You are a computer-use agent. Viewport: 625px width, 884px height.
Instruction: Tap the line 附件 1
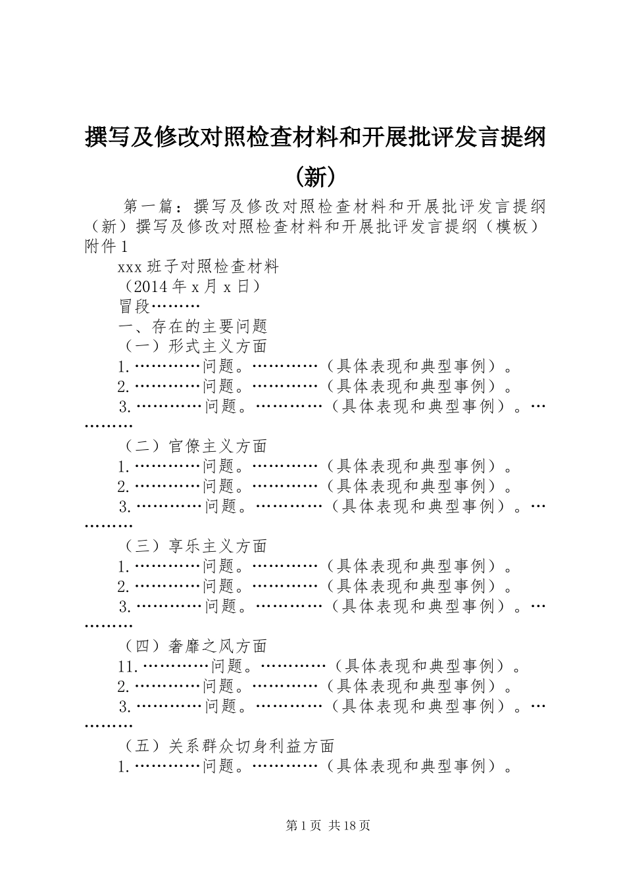(105, 246)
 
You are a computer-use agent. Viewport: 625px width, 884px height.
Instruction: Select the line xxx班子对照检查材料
(198, 266)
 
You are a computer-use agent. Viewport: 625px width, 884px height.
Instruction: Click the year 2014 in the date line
(151, 287)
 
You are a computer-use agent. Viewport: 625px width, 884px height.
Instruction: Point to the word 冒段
(134, 307)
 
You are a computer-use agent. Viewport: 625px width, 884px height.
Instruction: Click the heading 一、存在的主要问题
(191, 326)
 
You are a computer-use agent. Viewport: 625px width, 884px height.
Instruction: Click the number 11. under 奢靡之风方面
(128, 667)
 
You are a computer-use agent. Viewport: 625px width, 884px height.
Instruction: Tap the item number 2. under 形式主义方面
(124, 386)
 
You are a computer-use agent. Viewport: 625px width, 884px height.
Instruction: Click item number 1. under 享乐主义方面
(124, 566)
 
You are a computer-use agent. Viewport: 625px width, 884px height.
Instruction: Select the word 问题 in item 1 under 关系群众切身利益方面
(218, 766)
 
